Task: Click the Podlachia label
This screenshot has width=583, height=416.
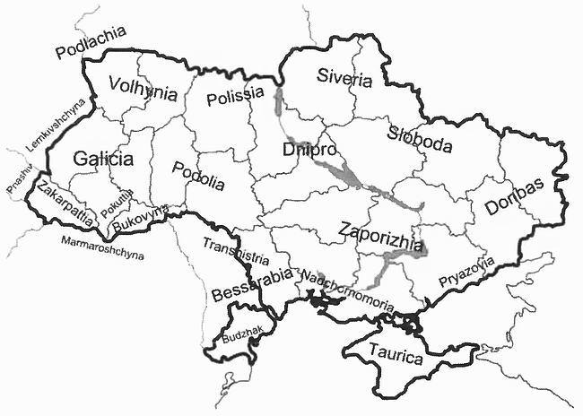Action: pyautogui.click(x=91, y=44)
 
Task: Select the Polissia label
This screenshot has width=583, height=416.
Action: pyautogui.click(x=235, y=96)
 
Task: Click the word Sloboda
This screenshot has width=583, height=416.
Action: pyautogui.click(x=420, y=141)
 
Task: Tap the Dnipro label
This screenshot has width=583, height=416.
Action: pyautogui.click(x=309, y=150)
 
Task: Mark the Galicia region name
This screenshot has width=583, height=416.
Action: pyautogui.click(x=103, y=160)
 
